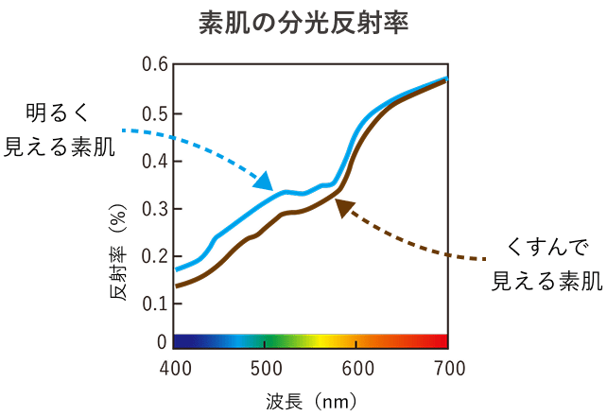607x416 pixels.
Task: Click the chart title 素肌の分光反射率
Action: tap(303, 24)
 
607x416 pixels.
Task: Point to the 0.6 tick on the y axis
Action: tap(155, 66)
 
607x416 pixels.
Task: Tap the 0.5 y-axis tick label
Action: tap(155, 114)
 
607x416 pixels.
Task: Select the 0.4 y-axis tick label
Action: tap(155, 161)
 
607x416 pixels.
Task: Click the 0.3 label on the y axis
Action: tap(155, 208)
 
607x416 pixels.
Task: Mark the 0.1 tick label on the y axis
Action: tap(155, 303)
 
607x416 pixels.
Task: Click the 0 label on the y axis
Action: tap(162, 341)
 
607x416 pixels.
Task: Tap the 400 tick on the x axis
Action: tap(175, 368)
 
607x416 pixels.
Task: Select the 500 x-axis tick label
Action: tap(266, 368)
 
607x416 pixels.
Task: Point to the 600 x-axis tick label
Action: tap(356, 368)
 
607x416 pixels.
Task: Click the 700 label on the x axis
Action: tap(447, 368)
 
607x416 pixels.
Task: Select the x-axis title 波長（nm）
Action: tap(311, 402)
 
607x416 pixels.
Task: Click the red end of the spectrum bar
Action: tap(435, 341)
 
